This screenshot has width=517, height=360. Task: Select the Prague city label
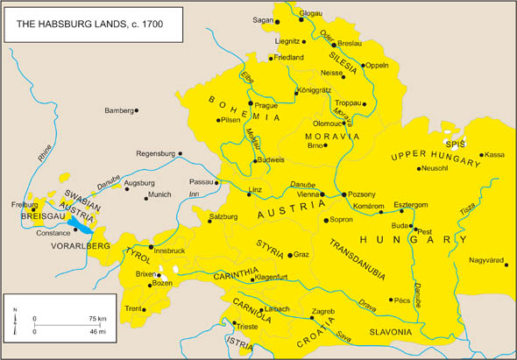tap(266, 104)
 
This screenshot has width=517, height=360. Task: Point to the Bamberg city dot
tap(138, 110)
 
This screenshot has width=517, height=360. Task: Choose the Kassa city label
tap(494, 155)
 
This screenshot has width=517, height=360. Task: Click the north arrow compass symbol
tap(15, 320)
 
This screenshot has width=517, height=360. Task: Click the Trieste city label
tap(248, 327)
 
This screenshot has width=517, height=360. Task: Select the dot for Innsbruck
tap(151, 246)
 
